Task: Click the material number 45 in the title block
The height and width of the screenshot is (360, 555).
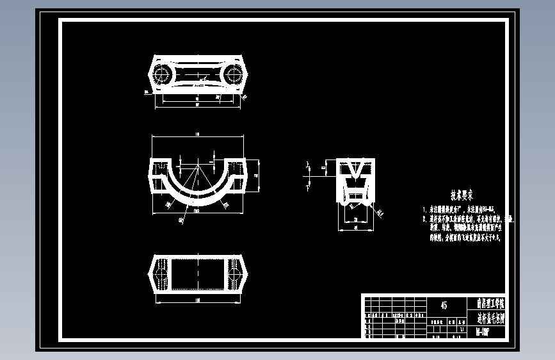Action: pyautogui.click(x=444, y=306)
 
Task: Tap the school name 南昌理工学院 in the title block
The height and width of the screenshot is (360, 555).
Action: pyautogui.click(x=490, y=303)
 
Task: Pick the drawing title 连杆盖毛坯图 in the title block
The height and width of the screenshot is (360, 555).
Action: pyautogui.click(x=490, y=318)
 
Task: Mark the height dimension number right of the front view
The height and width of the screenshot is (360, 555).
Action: pyautogui.click(x=256, y=174)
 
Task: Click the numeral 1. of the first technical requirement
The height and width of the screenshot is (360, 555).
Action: pyautogui.click(x=424, y=209)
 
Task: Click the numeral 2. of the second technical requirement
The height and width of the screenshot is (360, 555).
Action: pyautogui.click(x=424, y=218)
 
